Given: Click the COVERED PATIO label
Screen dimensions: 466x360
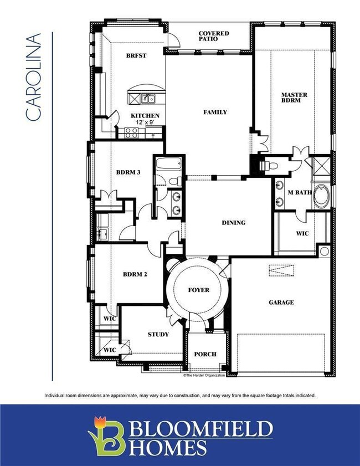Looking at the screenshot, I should pos(213,37).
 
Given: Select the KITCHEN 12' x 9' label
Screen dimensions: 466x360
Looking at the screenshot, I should pos(145,119).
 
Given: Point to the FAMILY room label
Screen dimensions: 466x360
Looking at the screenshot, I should pos(215,112).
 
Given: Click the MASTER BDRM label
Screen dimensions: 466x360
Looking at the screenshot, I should pos(294,98).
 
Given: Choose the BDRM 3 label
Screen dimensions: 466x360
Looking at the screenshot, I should pos(128,172).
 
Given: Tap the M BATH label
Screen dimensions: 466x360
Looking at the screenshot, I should pos(300,192).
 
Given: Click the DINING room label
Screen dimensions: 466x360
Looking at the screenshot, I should pos(233,223).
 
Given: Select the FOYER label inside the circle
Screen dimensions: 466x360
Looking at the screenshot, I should pos(198,290).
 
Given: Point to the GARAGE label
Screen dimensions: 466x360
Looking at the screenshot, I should pos(281,303).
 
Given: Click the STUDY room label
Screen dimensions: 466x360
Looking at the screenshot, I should pos(158,334).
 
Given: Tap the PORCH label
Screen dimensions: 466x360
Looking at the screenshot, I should pos(205,354).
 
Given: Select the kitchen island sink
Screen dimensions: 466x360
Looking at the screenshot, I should pos(147,99).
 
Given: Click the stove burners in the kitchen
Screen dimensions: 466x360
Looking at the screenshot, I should pos(131,132).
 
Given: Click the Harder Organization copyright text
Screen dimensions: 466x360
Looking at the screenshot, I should pos(204,376).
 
